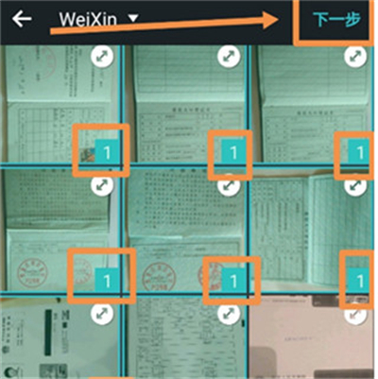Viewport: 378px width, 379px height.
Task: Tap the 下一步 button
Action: point(337,19)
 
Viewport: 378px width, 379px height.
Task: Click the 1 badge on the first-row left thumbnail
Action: point(107,151)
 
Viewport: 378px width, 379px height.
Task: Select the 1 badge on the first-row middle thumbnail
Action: point(231,151)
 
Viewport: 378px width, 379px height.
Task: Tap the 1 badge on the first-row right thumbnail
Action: point(357,151)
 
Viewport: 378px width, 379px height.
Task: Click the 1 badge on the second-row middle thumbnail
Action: point(231,279)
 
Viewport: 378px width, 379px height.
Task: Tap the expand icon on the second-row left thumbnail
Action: point(105,185)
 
